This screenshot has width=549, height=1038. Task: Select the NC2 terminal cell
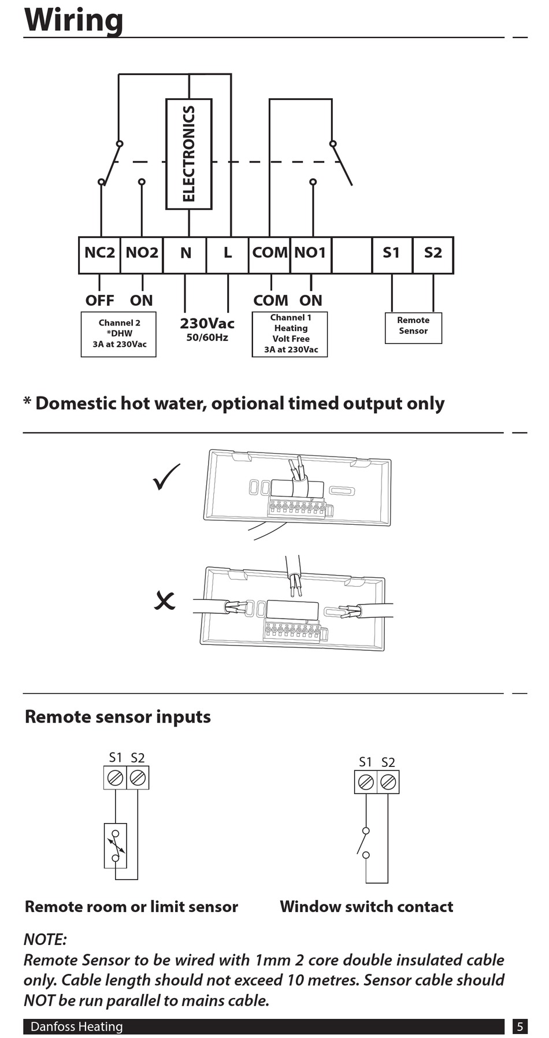point(99,255)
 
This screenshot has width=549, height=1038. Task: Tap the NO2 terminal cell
point(142,255)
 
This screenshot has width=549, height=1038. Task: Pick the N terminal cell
point(185,255)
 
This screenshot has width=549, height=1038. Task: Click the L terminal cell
point(228,255)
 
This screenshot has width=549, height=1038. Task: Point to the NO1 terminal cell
point(311,255)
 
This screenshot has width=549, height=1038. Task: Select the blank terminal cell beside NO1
point(352,255)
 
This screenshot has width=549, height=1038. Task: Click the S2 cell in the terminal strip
point(433,255)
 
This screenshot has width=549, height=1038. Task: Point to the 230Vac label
point(207,324)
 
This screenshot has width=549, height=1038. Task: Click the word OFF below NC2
point(99,301)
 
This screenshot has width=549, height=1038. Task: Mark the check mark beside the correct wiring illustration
point(166,477)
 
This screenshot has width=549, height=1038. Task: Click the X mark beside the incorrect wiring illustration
point(165,600)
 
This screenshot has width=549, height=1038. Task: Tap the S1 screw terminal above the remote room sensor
point(115,777)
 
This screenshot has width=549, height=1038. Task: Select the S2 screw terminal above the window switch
point(388,782)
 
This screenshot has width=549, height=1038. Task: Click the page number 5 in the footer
point(520,1026)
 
